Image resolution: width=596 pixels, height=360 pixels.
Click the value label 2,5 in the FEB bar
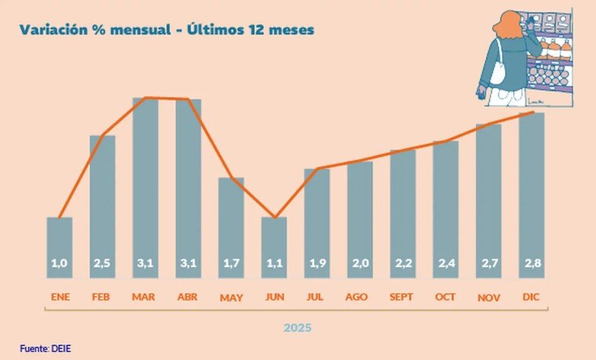[103, 262]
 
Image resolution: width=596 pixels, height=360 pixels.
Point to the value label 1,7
[231, 262]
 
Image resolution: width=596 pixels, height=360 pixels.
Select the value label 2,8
[532, 262]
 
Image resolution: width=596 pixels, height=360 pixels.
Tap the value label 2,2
[403, 262]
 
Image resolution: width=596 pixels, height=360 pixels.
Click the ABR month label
[189, 298]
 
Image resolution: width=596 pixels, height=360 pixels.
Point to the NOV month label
[489, 299]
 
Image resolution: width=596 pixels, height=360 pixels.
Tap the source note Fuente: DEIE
[46, 347]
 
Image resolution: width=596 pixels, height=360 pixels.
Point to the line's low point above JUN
[274, 217]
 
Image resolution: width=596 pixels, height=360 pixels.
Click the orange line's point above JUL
[317, 169]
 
